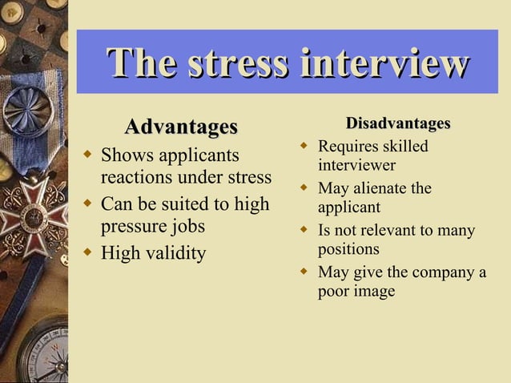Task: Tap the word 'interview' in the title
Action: coord(384,63)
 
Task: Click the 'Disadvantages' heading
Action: coord(398,123)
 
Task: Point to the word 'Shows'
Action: coord(127,155)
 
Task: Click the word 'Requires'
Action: coord(347,147)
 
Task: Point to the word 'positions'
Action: coord(348,249)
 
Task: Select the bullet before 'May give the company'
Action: coord(304,272)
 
